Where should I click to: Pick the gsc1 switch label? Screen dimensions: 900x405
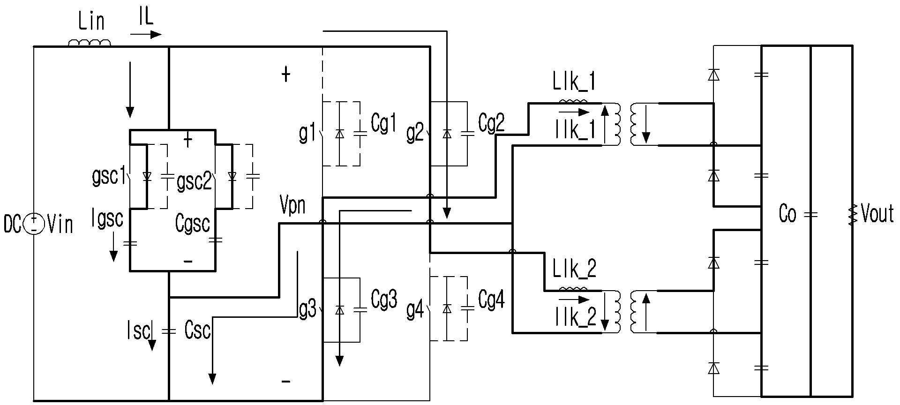[109, 177]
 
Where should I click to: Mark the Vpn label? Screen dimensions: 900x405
[292, 205]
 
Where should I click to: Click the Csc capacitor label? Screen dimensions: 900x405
[197, 330]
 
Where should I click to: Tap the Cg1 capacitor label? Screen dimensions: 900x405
[383, 124]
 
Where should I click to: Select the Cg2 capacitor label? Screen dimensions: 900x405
[491, 123]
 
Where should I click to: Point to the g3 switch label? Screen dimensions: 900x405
[307, 311]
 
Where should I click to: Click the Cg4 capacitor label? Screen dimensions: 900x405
[491, 300]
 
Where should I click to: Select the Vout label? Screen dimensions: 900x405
[878, 214]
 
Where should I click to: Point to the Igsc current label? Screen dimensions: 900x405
[108, 218]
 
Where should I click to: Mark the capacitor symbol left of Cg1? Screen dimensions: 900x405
[360, 133]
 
